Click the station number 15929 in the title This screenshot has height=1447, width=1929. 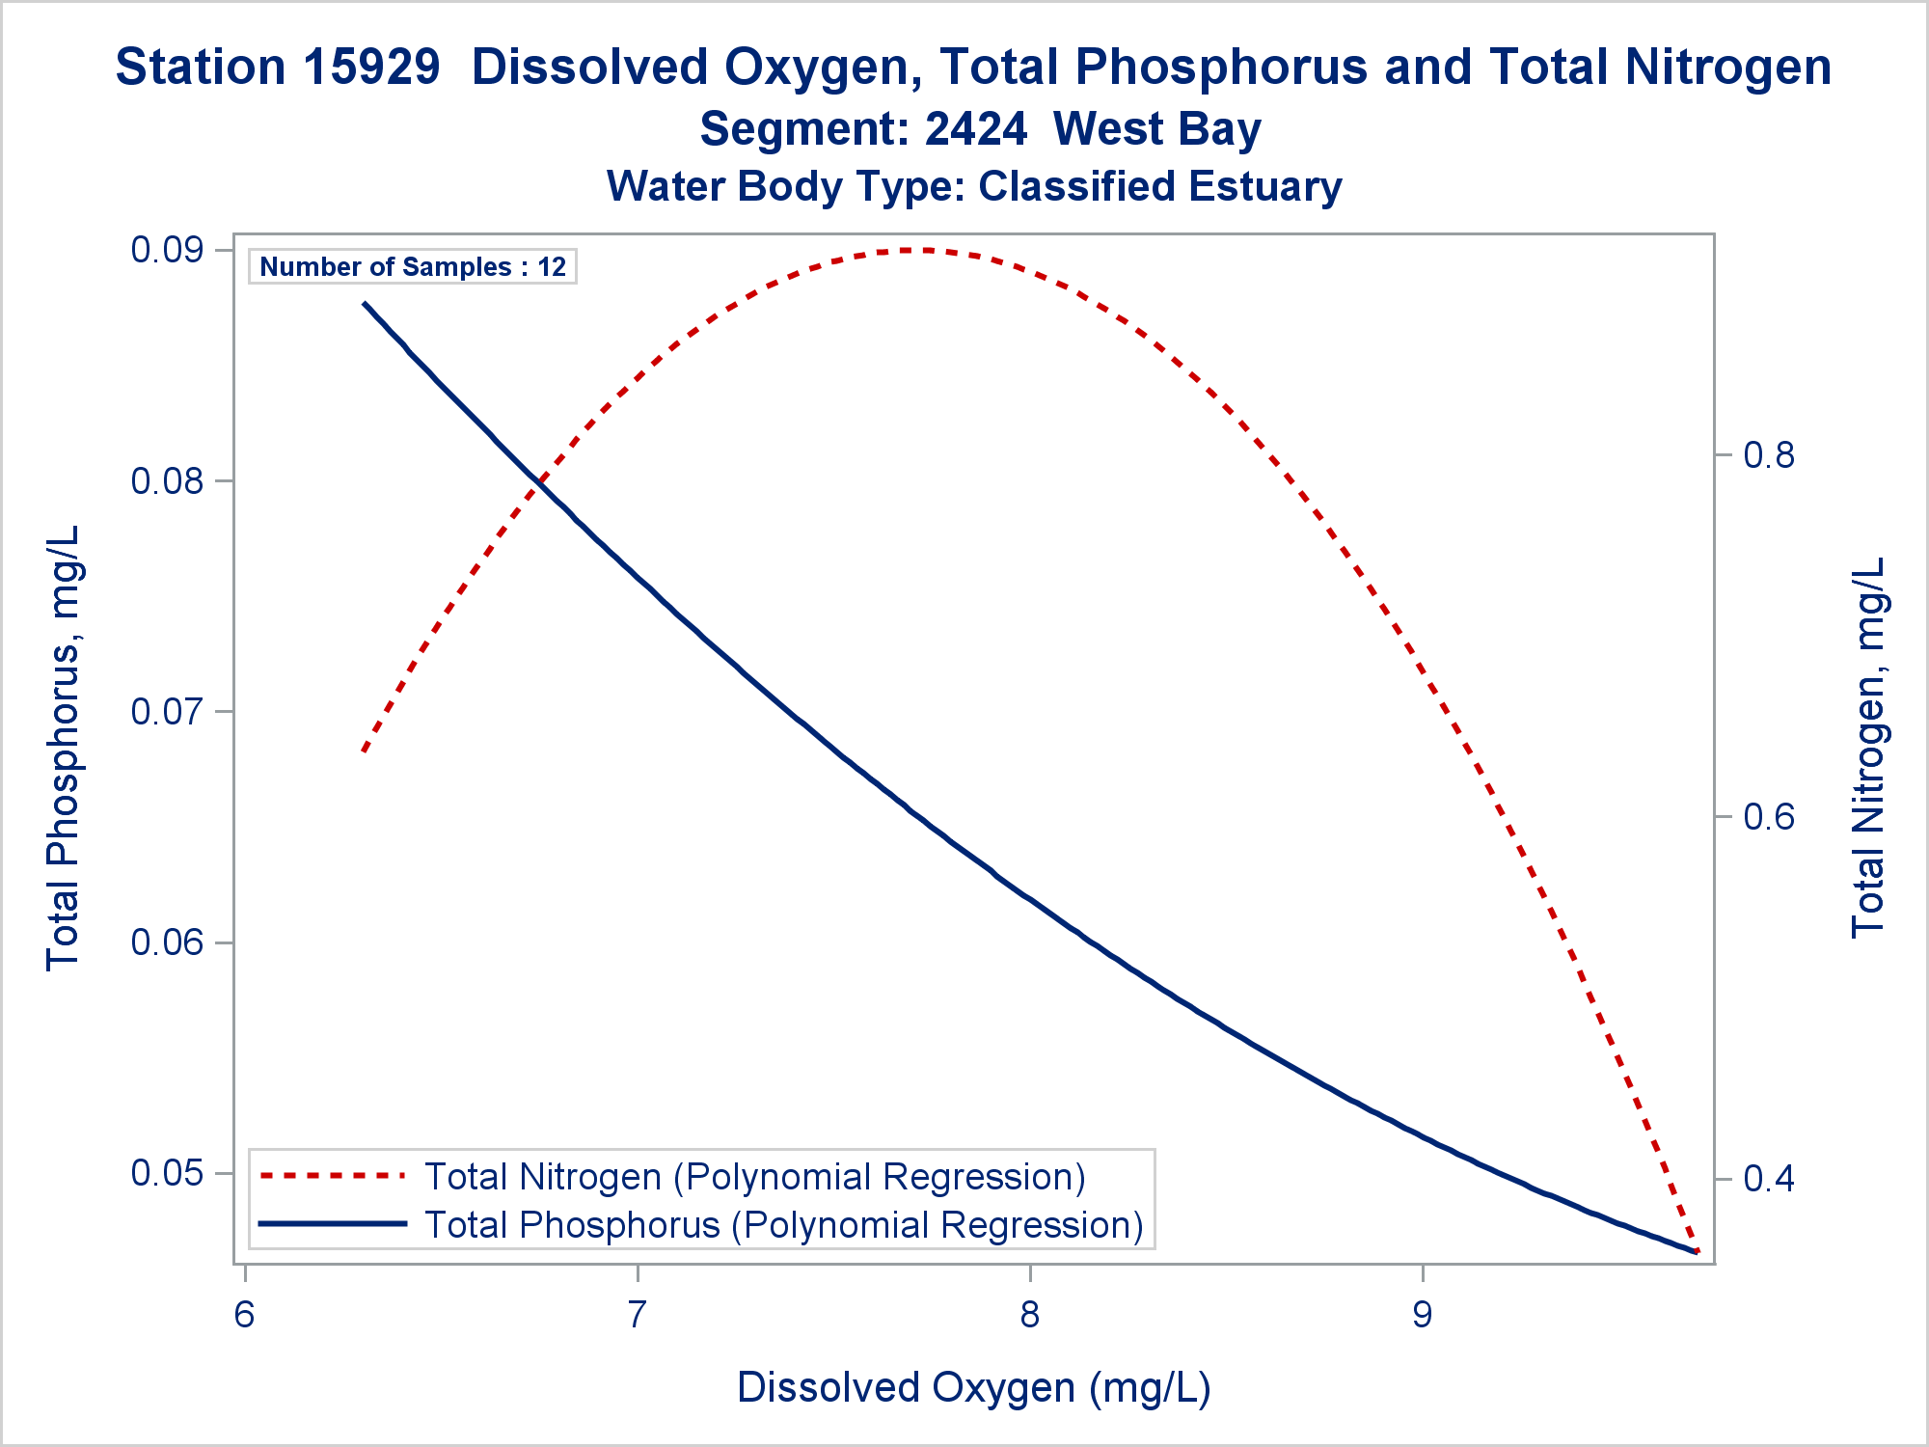point(371,68)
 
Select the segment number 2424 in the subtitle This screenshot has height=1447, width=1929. point(976,129)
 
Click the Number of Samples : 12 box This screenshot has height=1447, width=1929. point(413,267)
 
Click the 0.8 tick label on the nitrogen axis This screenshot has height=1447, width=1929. point(1769,454)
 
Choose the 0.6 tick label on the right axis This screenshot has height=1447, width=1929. point(1769,817)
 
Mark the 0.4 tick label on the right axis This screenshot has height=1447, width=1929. point(1769,1179)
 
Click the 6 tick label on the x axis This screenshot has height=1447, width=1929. point(245,1314)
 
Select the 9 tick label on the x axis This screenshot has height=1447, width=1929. point(1423,1314)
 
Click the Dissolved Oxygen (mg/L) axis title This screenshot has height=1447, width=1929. point(973,1388)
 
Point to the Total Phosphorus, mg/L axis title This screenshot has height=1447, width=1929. point(64,748)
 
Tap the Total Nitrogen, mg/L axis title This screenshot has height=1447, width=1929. point(1868,748)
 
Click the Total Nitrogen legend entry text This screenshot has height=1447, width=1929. point(755,1177)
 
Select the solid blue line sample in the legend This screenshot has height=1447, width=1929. point(333,1224)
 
